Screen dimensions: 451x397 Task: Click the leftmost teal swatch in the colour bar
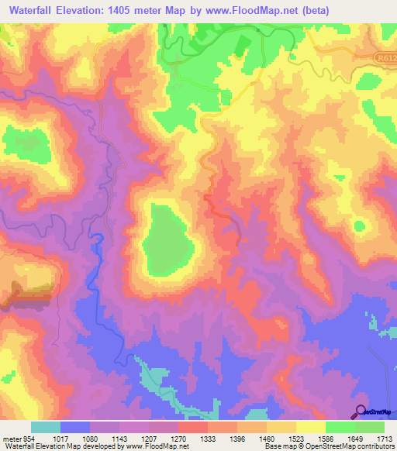(45, 427)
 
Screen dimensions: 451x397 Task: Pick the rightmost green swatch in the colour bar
(370, 427)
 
